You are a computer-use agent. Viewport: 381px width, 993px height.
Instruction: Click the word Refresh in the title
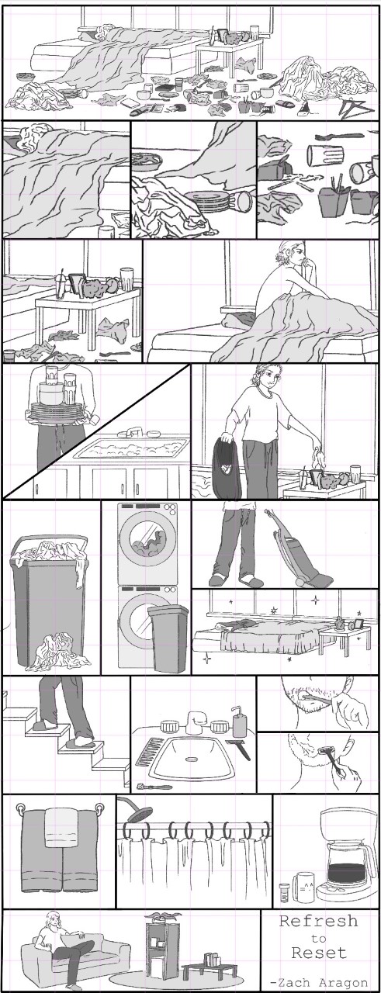point(318,921)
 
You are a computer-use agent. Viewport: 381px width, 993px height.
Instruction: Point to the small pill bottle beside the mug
point(284,891)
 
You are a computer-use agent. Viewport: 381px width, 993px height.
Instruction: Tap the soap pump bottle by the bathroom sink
point(239,721)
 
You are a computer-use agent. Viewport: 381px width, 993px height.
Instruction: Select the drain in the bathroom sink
point(192,759)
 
